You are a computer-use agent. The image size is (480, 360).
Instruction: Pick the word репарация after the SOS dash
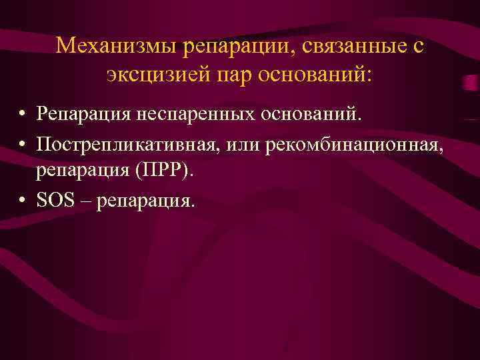coord(145,201)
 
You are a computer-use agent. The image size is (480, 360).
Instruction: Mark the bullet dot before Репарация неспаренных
coord(23,115)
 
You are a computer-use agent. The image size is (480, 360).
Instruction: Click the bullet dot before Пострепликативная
coord(23,144)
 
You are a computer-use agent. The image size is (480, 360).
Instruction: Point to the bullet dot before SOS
coord(23,201)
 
